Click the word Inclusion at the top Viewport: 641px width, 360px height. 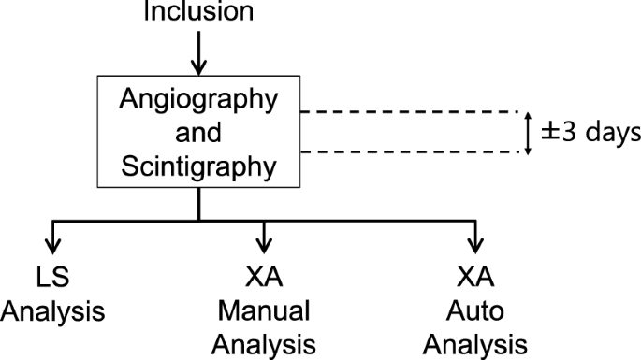coord(198,12)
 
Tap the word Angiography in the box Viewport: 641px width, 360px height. coord(198,103)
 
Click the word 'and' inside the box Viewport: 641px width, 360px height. coord(198,135)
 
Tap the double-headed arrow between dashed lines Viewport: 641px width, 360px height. coord(527,134)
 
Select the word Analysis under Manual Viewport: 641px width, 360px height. coord(266,342)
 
